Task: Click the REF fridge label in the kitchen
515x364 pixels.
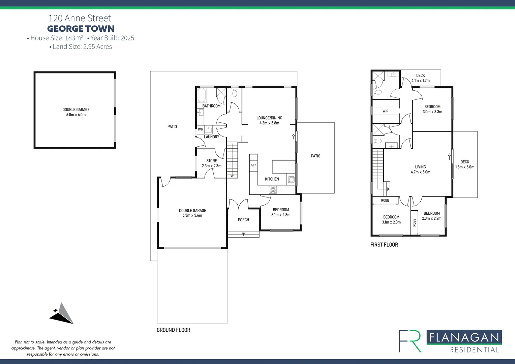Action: (x=253, y=166)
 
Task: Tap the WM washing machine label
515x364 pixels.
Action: (x=201, y=129)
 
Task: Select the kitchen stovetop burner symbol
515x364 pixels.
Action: (x=273, y=190)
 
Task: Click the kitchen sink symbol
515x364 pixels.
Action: (x=291, y=180)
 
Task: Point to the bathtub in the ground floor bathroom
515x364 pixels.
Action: (x=202, y=95)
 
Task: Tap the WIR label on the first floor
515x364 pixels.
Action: (x=385, y=111)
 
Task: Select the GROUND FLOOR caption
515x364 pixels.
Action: (x=173, y=330)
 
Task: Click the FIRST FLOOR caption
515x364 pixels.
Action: (x=384, y=245)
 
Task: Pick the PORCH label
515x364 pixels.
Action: (x=243, y=220)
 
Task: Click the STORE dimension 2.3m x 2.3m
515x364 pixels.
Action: (x=212, y=166)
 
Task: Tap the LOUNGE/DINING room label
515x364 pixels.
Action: (x=269, y=118)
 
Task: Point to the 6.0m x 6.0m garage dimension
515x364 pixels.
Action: (x=76, y=115)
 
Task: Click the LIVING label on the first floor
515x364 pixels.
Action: (x=420, y=167)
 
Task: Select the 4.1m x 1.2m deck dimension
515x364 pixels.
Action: (x=420, y=81)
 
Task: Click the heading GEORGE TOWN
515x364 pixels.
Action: (x=81, y=29)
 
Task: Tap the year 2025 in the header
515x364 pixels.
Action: (x=127, y=38)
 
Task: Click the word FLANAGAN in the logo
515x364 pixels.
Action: (x=464, y=337)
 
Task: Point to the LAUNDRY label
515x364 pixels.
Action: (x=211, y=137)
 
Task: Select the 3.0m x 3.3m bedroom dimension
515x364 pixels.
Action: (x=432, y=112)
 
